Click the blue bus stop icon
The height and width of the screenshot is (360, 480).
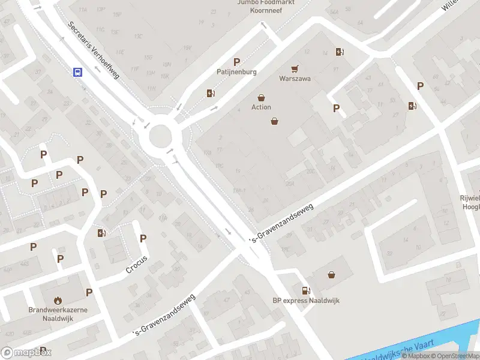point(77,72)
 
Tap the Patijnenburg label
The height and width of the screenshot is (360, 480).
point(236,72)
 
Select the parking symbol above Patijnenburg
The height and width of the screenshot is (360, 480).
point(237,62)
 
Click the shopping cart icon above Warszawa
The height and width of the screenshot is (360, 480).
point(295,69)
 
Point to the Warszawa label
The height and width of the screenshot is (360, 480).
point(295,79)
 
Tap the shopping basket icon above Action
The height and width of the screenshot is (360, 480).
point(262,97)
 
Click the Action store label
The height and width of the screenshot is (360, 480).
point(261,107)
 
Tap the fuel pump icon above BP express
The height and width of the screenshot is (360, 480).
point(306,290)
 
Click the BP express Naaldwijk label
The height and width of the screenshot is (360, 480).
point(306,301)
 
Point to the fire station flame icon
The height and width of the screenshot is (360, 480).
point(58,300)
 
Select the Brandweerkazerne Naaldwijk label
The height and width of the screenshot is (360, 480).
point(58,314)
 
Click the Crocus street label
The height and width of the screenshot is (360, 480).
point(136,265)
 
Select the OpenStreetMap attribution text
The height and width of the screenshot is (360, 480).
point(457,356)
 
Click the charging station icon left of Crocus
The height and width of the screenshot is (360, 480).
point(101,233)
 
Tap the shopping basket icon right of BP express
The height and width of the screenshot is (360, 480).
point(331,275)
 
